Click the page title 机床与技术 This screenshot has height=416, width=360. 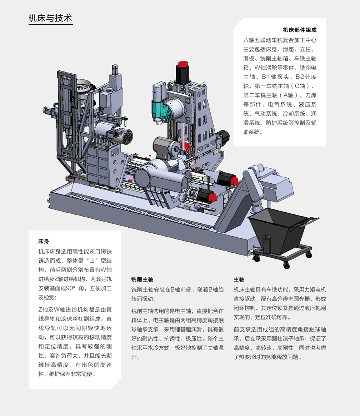coord(50,18)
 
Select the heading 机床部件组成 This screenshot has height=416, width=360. coord(300,30)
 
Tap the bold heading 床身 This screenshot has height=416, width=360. coord(44,241)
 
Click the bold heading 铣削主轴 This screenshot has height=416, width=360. coord(142,279)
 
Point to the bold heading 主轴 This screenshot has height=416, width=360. coord(239,279)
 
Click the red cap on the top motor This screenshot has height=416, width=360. coord(182,64)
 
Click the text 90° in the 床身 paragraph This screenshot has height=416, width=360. coord(71,288)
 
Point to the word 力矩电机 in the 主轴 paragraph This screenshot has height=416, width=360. coord(315,289)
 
